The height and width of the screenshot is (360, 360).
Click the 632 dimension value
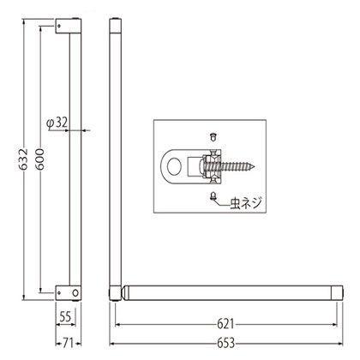coord(25,159)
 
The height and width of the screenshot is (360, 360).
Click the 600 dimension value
coord(41,159)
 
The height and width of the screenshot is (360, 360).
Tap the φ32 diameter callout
coord(57,123)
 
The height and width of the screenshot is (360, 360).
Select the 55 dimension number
coord(65,316)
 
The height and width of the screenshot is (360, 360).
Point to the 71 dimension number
coord(68,343)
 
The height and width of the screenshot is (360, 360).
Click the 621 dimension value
coord(225,324)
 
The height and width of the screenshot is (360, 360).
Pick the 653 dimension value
coord(226,343)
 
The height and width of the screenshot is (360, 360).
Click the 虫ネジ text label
coord(246,203)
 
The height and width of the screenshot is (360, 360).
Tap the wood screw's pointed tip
coord(255,166)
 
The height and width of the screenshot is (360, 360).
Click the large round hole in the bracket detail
coord(174,166)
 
